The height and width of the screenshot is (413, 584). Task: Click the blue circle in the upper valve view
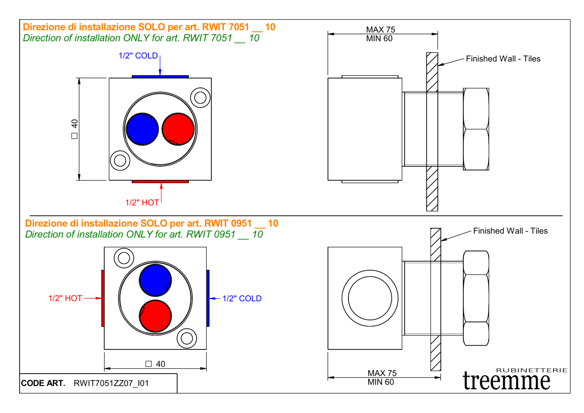(x=142, y=129)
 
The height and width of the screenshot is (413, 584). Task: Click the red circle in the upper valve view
(x=178, y=129)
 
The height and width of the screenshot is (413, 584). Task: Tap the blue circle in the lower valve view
(x=155, y=280)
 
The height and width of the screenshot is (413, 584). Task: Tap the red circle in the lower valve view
(x=155, y=316)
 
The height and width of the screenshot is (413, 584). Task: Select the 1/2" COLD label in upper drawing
(x=138, y=56)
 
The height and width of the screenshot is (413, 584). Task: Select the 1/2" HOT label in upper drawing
(x=142, y=203)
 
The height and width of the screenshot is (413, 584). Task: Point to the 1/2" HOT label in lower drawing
(x=65, y=298)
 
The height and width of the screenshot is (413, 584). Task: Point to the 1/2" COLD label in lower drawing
(x=242, y=298)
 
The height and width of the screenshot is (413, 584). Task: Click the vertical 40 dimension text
(x=75, y=129)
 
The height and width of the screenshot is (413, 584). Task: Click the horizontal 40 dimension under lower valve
(x=156, y=364)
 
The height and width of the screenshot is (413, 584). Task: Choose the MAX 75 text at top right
(x=380, y=30)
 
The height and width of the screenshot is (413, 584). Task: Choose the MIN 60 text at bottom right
(x=381, y=382)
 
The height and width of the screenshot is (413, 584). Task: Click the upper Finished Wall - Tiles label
(x=503, y=59)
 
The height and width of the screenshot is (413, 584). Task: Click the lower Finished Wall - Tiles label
(x=510, y=231)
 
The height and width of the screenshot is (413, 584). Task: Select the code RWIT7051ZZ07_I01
(x=111, y=383)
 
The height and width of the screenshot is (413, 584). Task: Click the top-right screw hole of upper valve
(x=200, y=97)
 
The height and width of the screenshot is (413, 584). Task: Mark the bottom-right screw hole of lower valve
(x=186, y=338)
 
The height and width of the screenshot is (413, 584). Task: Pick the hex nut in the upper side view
(x=476, y=129)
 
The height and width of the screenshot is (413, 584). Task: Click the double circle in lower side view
(x=370, y=298)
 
